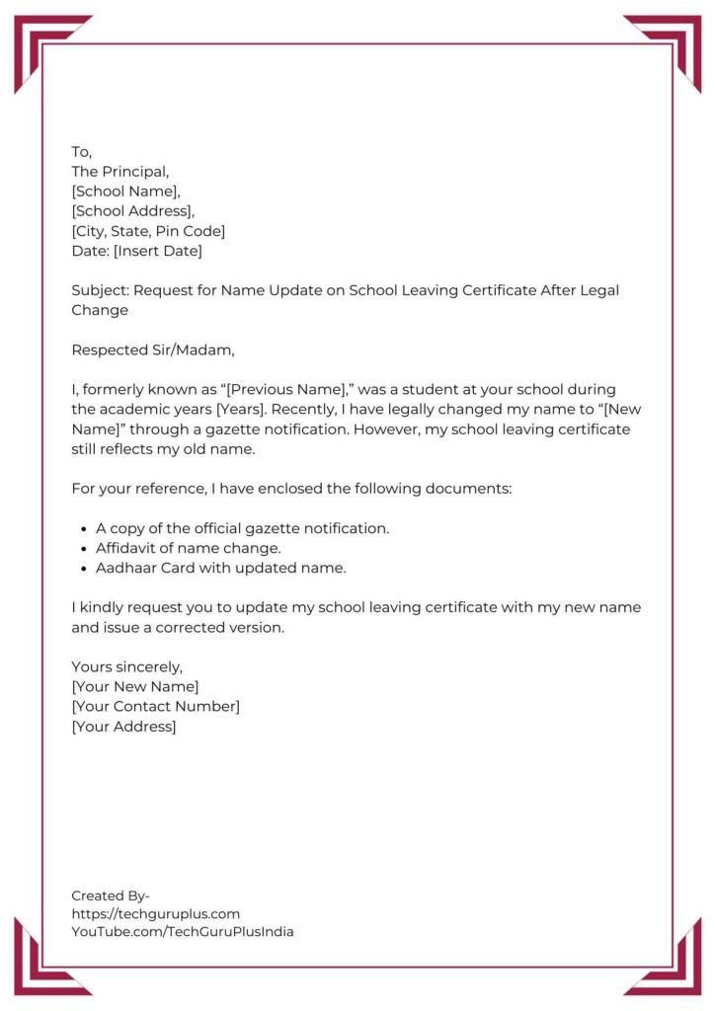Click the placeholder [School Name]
(x=124, y=192)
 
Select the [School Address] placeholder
(x=132, y=211)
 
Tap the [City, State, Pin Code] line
(x=148, y=231)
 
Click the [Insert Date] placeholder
(x=158, y=251)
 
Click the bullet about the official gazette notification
(x=242, y=528)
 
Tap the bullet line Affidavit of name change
(x=188, y=548)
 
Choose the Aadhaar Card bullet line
(x=220, y=568)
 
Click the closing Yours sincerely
(x=126, y=666)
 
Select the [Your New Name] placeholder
(x=134, y=686)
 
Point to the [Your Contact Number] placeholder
(x=155, y=706)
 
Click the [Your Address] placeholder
(x=123, y=727)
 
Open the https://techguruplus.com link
(x=155, y=913)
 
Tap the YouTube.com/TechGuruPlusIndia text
(x=182, y=931)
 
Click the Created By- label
(x=110, y=895)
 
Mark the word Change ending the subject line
(x=100, y=310)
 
